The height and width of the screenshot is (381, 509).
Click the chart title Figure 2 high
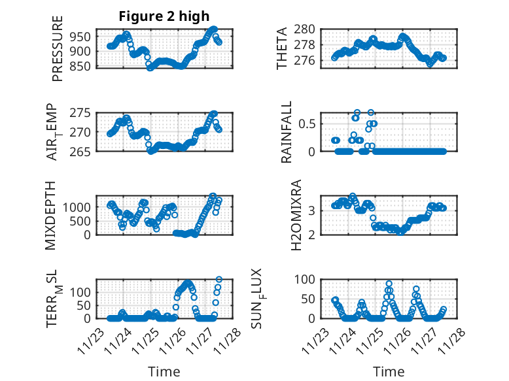click(x=164, y=17)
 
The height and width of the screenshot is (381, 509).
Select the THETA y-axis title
click(x=282, y=48)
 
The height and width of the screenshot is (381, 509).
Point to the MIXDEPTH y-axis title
click(x=51, y=215)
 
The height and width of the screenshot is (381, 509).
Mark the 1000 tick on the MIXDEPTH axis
click(x=78, y=207)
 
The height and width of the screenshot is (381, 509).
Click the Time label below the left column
click(x=164, y=372)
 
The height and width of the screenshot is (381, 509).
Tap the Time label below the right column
click(x=389, y=372)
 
